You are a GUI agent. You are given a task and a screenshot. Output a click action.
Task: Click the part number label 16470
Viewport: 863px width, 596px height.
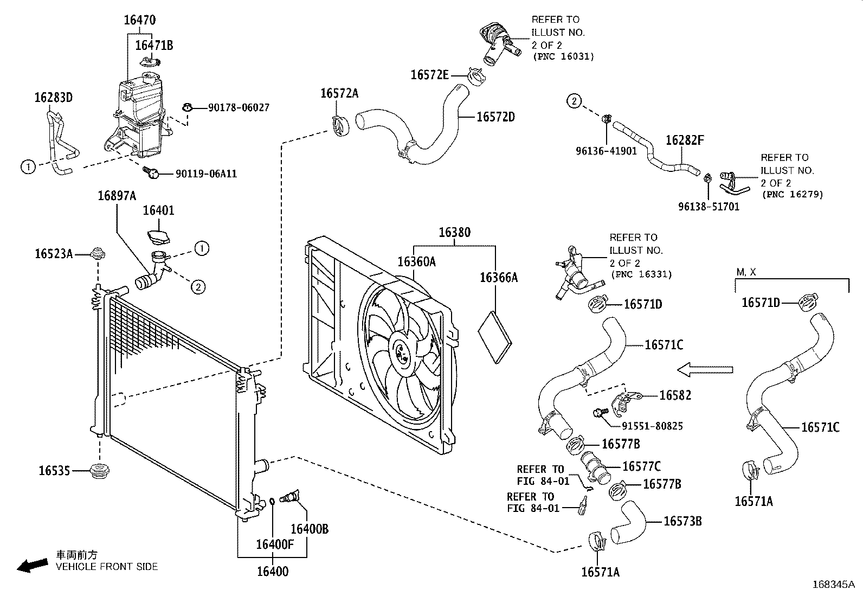tap(139, 20)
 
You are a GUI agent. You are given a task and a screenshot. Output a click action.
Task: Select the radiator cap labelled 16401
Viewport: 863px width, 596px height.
tap(159, 237)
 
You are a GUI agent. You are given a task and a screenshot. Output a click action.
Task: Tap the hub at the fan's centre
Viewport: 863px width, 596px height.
tap(402, 351)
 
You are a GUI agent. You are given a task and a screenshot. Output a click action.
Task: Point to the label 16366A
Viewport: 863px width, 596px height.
tap(499, 277)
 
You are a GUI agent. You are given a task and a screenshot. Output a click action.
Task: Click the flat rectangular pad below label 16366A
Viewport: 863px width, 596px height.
tap(495, 337)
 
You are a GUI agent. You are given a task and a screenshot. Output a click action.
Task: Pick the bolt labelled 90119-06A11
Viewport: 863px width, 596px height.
tap(151, 172)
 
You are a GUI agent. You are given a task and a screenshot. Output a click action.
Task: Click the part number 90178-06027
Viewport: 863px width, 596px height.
tap(239, 107)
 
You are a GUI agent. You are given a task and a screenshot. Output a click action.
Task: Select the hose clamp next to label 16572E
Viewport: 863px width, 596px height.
tap(476, 76)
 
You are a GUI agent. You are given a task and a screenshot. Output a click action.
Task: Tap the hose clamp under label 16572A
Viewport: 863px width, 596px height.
tap(340, 126)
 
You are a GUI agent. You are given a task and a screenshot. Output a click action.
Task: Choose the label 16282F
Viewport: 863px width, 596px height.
tap(685, 140)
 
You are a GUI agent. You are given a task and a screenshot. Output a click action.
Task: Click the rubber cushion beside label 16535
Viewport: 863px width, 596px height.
tap(99, 471)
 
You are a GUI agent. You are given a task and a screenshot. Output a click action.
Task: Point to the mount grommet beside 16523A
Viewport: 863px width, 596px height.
tap(98, 254)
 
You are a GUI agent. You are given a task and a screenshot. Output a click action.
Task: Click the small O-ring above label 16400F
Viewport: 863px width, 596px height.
tap(272, 501)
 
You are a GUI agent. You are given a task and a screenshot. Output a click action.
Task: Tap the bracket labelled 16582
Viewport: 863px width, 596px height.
tap(626, 403)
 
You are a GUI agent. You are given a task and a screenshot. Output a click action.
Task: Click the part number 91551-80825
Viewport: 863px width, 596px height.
tap(652, 426)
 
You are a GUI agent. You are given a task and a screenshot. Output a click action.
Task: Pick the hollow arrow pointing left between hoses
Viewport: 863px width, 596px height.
tap(705, 370)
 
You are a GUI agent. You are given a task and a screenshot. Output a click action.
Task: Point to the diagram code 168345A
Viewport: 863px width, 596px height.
tap(834, 585)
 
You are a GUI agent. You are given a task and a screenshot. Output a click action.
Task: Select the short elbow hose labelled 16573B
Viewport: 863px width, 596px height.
tap(628, 522)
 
